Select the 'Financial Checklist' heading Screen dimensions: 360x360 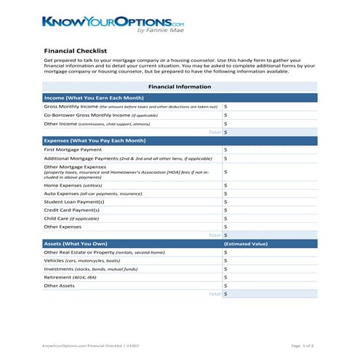pos(76,51)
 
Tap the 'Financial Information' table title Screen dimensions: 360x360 pos(180,87)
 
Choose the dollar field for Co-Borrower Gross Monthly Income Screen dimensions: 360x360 pos(269,115)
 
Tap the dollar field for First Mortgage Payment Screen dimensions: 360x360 pos(269,149)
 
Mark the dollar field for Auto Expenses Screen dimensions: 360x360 pos(269,194)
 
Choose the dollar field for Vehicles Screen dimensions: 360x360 pos(269,260)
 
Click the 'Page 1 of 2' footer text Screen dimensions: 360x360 pos(300,345)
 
